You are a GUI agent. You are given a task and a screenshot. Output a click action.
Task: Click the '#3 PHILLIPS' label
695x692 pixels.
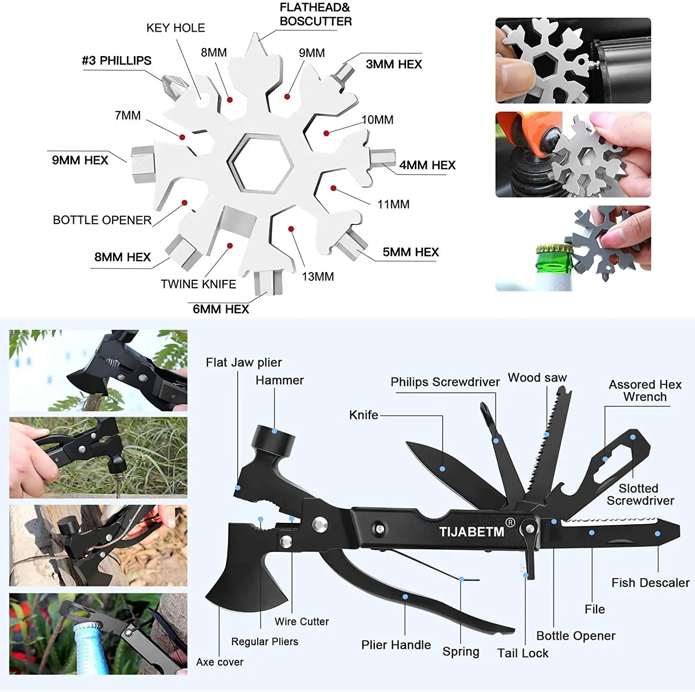117,61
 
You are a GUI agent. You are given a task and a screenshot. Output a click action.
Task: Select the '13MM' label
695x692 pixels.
318,277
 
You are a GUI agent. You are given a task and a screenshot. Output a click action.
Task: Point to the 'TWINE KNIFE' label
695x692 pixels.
198,284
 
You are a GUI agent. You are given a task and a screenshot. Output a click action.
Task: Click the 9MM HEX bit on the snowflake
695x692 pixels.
142,164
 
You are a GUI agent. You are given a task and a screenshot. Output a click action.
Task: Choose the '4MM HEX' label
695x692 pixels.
427,165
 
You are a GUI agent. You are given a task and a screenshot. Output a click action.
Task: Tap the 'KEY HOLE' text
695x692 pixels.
176,28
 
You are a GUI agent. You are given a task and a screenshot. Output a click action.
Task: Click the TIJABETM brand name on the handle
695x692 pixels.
472,531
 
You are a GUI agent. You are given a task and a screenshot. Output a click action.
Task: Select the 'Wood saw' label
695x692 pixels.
537,378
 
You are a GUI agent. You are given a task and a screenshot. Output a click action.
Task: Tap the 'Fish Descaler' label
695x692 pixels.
650,583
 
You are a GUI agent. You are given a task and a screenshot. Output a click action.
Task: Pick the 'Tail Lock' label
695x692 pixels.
523,653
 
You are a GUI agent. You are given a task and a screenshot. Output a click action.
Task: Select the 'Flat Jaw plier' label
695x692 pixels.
244,362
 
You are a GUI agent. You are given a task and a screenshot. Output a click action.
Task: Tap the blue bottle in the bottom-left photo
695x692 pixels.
92,649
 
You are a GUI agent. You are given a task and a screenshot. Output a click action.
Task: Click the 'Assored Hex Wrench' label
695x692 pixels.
644,391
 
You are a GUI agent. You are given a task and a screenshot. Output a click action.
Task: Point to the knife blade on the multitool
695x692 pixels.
445,468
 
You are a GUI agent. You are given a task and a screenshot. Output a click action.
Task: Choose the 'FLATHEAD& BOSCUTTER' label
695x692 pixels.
316,14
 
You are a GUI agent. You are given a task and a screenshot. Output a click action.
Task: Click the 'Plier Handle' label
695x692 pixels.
396,645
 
